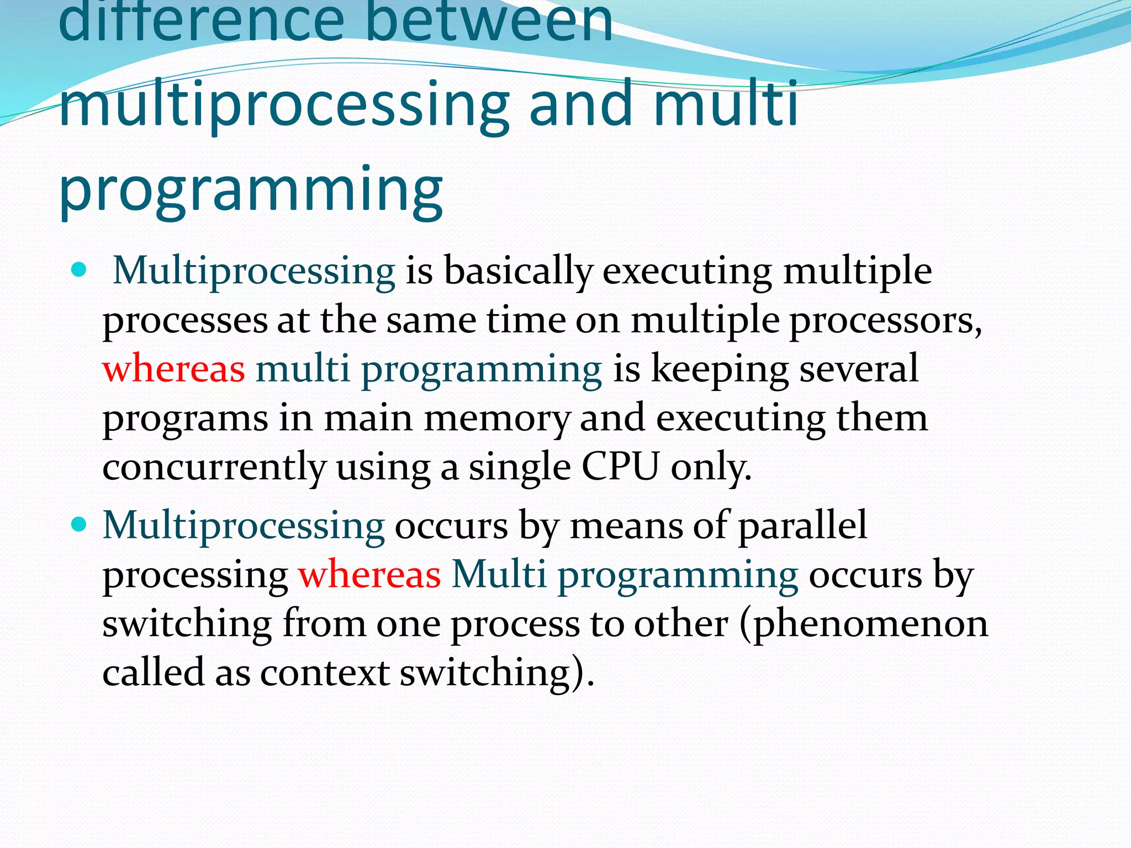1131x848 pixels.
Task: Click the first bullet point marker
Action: (80, 270)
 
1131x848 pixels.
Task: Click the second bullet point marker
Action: (80, 524)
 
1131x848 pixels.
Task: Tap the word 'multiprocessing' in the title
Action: (284, 105)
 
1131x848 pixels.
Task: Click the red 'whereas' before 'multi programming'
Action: (173, 369)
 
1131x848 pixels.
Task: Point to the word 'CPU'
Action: (620, 467)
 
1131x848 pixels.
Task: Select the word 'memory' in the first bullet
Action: (496, 418)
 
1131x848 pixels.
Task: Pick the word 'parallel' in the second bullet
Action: (802, 525)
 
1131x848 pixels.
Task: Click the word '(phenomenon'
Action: (864, 624)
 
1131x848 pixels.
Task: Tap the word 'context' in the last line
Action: (325, 672)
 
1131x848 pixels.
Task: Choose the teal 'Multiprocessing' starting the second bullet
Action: (244, 525)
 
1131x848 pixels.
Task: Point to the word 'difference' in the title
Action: (202, 22)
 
